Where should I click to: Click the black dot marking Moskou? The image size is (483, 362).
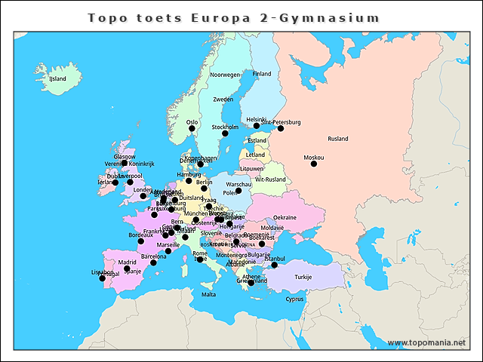(x=314, y=164)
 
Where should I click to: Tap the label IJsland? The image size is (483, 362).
(x=57, y=78)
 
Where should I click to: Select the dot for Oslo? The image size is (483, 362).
(x=192, y=128)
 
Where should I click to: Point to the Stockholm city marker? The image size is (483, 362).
(x=225, y=133)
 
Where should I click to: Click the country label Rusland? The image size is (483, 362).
(x=338, y=139)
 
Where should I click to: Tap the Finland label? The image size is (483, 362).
(x=262, y=74)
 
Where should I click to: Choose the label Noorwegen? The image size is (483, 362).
(x=225, y=75)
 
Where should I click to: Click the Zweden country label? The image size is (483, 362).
(x=223, y=100)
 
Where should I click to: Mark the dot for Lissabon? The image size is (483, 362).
(x=103, y=278)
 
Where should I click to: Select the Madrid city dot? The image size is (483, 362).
(x=127, y=268)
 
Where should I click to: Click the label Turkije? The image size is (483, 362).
(x=303, y=277)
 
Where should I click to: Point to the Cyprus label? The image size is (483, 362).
(x=294, y=299)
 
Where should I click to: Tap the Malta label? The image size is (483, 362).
(x=208, y=295)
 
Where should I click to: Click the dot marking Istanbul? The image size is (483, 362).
(x=275, y=265)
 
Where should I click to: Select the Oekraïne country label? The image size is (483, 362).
(x=285, y=217)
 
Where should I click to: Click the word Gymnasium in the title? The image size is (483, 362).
(x=329, y=17)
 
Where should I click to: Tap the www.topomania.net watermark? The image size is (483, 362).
(x=427, y=342)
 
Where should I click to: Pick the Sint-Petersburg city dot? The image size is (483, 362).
(x=281, y=128)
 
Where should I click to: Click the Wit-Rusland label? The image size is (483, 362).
(x=270, y=179)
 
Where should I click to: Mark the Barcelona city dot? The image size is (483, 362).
(x=153, y=262)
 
